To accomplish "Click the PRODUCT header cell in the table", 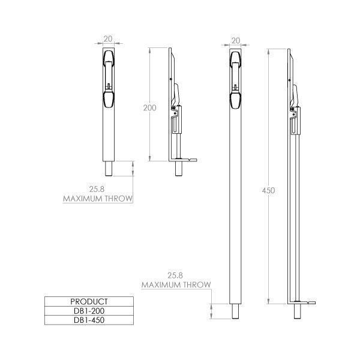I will (x=89, y=301).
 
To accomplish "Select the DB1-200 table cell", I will (x=89, y=311).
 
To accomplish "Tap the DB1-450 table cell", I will (x=89, y=320).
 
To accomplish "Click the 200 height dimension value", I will (x=150, y=108).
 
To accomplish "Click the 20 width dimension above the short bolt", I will (x=108, y=40).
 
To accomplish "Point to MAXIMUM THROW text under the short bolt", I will (x=98, y=197).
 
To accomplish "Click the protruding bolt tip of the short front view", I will (x=108, y=168).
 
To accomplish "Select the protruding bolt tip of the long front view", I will (x=236, y=311).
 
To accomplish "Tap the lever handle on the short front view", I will (x=108, y=78).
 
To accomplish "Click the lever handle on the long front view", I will (x=236, y=78).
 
